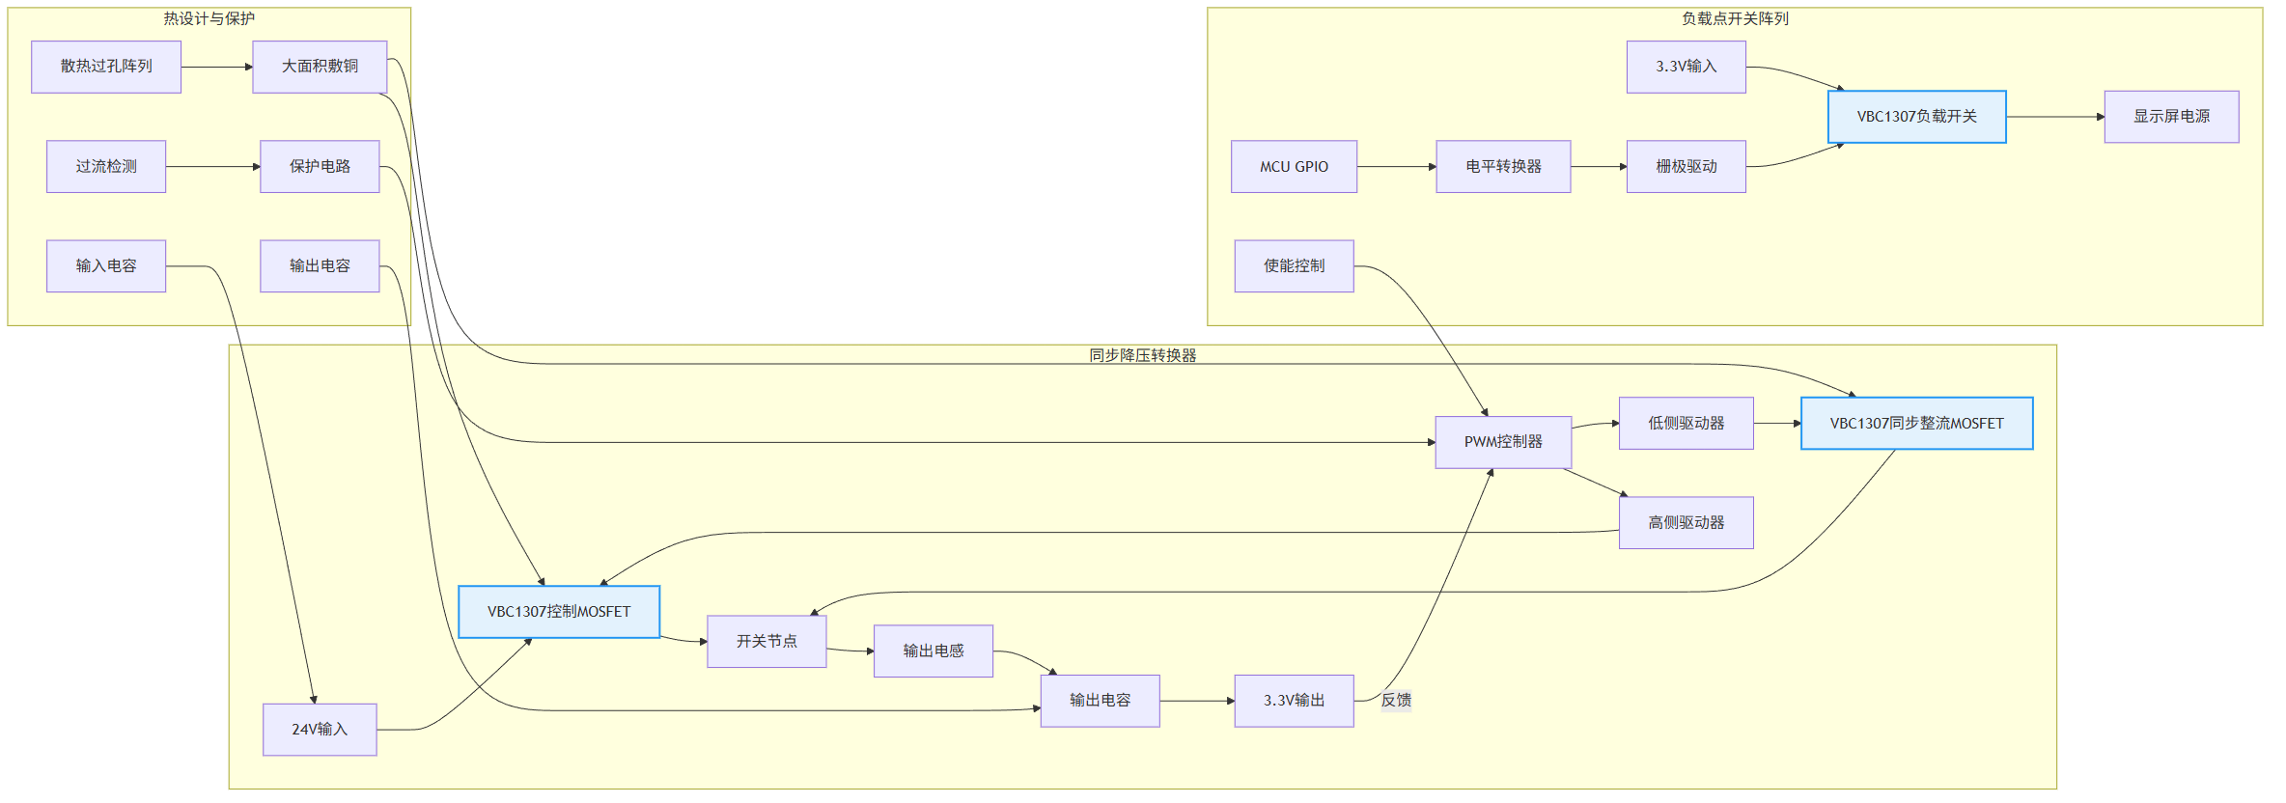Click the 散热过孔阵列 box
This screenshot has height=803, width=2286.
tap(106, 67)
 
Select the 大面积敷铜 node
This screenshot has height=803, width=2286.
tap(320, 67)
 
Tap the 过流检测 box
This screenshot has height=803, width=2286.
tap(106, 167)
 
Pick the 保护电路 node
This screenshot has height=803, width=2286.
tap(320, 167)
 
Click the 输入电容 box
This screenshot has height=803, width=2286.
tap(106, 266)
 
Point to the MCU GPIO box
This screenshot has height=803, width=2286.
tap(1294, 167)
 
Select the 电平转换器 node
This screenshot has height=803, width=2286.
tap(1503, 167)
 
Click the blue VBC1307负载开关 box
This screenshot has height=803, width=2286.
tap(1916, 117)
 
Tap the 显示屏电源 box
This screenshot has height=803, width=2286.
tap(2171, 117)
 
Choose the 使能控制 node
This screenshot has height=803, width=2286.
tap(1294, 266)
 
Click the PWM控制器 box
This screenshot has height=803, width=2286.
tap(1503, 442)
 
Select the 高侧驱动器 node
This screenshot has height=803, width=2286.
tap(1686, 523)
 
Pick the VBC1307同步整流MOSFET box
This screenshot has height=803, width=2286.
tap(1916, 424)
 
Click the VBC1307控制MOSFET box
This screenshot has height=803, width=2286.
tap(559, 612)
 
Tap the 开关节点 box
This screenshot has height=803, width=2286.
tap(767, 642)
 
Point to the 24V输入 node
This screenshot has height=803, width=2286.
tap(320, 730)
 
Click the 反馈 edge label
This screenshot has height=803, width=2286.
tap(1396, 701)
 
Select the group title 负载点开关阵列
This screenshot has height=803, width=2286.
tap(1734, 18)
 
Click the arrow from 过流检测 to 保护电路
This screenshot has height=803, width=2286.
tap(212, 167)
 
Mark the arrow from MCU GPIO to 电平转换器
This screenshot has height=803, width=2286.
tap(1396, 167)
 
